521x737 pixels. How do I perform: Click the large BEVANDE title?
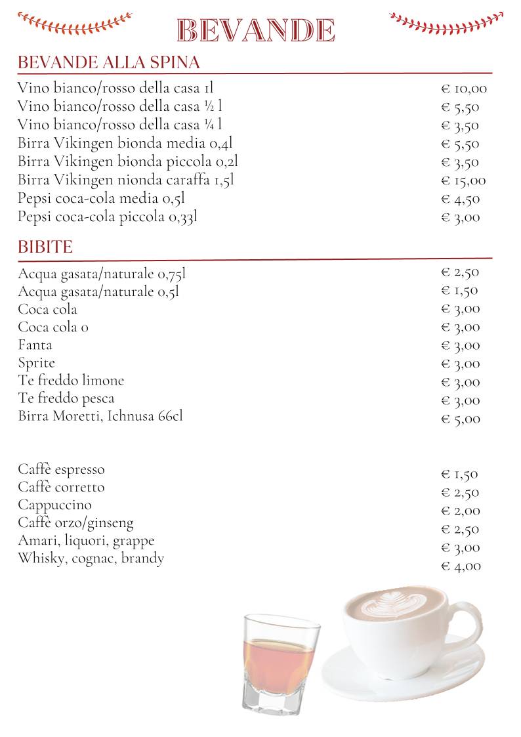pyautogui.click(x=257, y=31)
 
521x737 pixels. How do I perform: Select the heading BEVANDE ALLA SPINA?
pyautogui.click(x=108, y=63)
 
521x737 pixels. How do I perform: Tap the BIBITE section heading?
pyautogui.click(x=45, y=247)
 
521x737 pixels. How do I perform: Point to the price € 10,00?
pyautogui.click(x=463, y=89)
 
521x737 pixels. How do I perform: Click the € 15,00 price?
pyautogui.click(x=463, y=181)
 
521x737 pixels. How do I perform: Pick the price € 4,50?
pyautogui.click(x=460, y=200)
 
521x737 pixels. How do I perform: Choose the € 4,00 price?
pyautogui.click(x=461, y=566)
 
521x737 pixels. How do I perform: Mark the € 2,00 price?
pyautogui.click(x=460, y=511)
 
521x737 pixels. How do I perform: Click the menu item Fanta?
pyautogui.click(x=35, y=345)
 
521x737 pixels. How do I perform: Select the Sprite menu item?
pyautogui.click(x=37, y=363)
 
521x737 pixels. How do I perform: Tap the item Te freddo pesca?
pyautogui.click(x=66, y=398)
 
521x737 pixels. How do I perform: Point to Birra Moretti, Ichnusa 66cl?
pyautogui.click(x=100, y=416)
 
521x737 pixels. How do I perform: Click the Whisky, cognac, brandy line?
pyautogui.click(x=91, y=558)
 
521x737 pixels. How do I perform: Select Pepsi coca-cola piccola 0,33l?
pyautogui.click(x=107, y=217)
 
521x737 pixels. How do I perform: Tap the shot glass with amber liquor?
pyautogui.click(x=280, y=663)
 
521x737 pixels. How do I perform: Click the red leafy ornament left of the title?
pyautogui.click(x=74, y=23)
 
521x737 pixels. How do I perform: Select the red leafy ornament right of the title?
pyautogui.click(x=446, y=23)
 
